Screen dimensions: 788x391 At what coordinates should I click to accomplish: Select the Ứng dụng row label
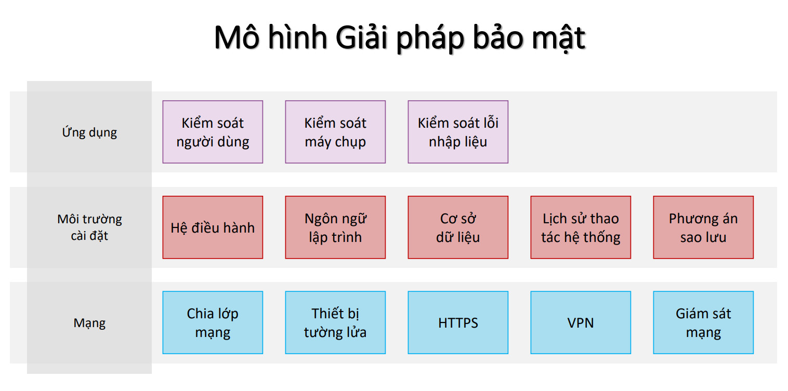click(89, 132)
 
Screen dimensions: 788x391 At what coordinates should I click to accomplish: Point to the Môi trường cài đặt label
click(89, 227)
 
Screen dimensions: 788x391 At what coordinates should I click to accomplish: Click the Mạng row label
click(89, 323)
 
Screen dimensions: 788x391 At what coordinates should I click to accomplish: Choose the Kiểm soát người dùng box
click(213, 132)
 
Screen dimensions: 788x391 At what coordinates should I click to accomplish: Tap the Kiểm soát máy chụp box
click(335, 132)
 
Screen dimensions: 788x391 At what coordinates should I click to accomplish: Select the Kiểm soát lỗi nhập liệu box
click(458, 132)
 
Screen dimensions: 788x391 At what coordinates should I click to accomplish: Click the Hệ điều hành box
click(213, 227)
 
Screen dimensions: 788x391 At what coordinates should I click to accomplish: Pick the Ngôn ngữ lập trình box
click(335, 227)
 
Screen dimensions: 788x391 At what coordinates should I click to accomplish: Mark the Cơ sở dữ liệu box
click(458, 227)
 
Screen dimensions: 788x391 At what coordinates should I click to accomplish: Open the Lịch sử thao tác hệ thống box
click(581, 227)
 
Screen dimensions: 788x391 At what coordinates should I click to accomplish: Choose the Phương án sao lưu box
click(703, 227)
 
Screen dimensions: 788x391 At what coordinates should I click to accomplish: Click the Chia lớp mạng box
click(213, 322)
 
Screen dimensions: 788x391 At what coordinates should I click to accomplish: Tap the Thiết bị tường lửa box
click(335, 322)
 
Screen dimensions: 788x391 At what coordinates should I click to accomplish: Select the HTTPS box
click(458, 322)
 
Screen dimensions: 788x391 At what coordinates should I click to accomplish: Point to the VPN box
click(581, 322)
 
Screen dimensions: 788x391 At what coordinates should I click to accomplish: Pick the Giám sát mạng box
click(703, 322)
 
